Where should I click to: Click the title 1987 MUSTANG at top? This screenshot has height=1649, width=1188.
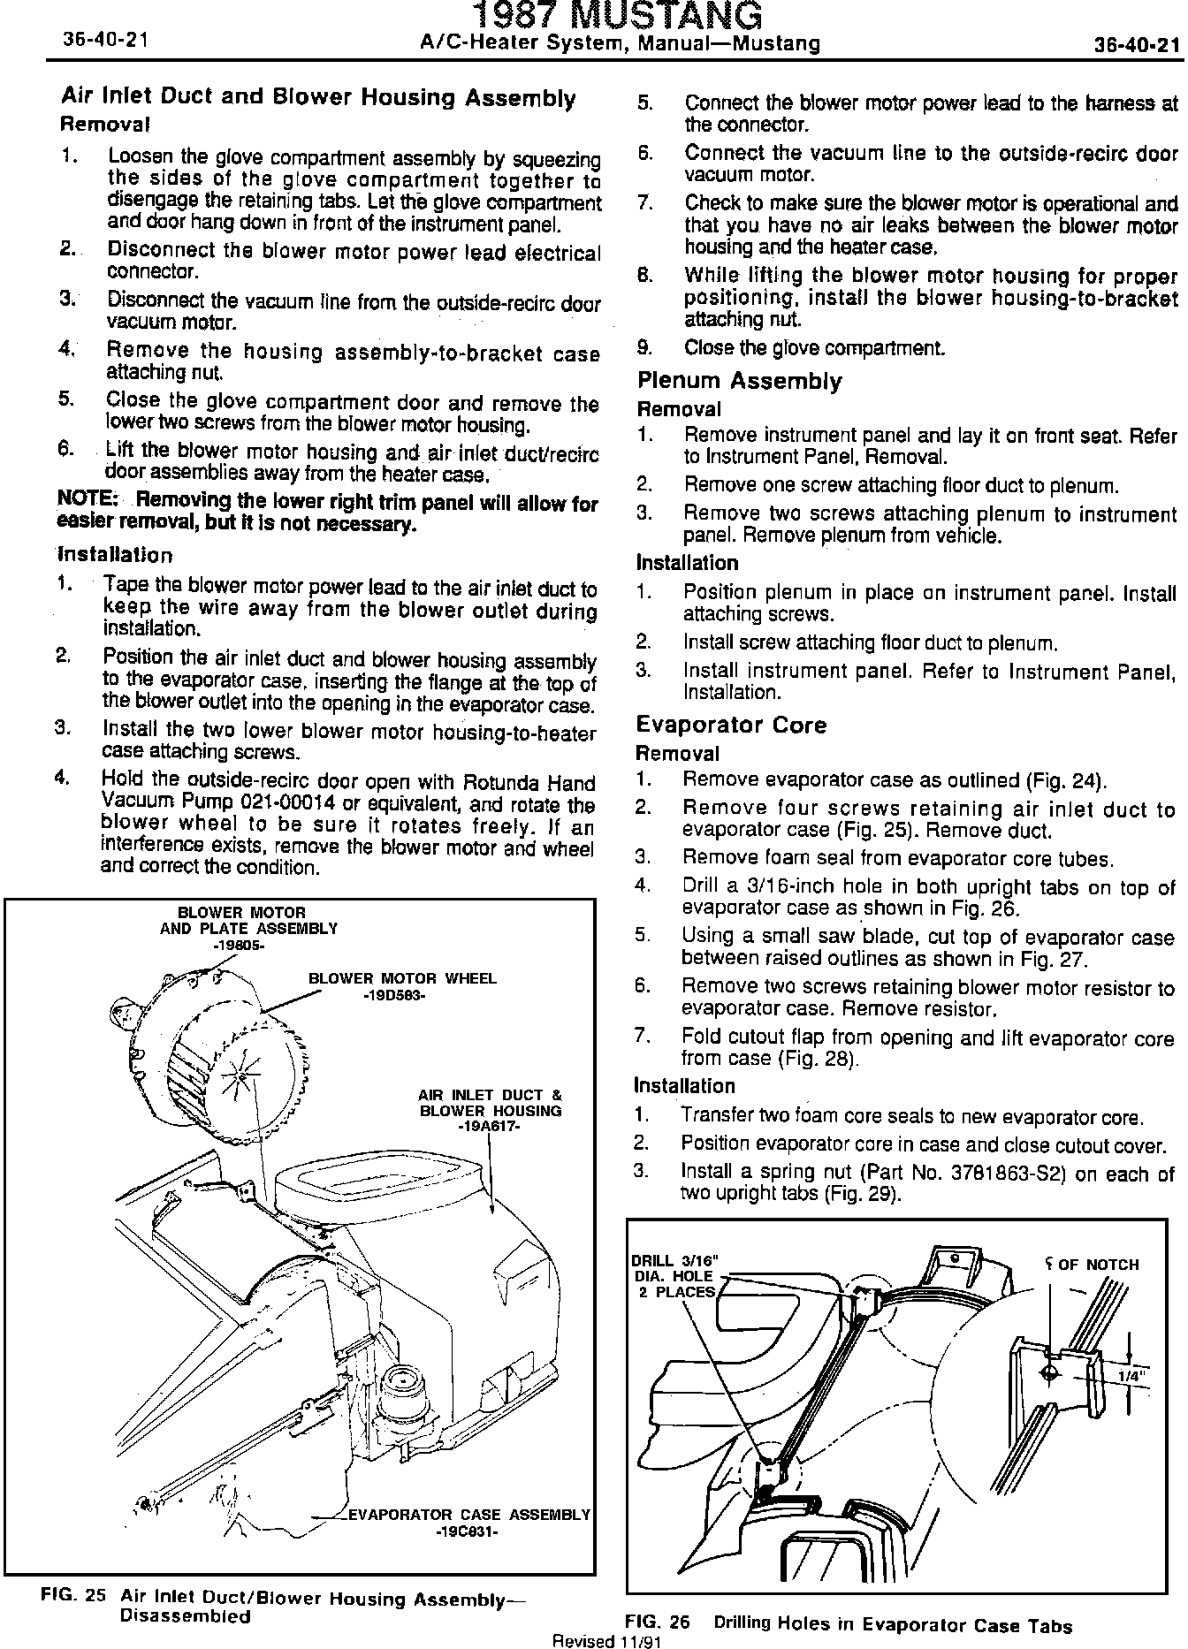(x=617, y=15)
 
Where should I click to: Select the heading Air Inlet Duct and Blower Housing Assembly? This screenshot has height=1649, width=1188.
(x=318, y=97)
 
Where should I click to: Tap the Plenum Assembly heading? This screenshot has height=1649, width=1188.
(x=739, y=382)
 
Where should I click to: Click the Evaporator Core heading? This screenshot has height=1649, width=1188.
(x=731, y=726)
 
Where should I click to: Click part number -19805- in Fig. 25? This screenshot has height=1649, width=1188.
(x=239, y=945)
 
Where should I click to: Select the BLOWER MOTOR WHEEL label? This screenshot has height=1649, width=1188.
(x=402, y=978)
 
